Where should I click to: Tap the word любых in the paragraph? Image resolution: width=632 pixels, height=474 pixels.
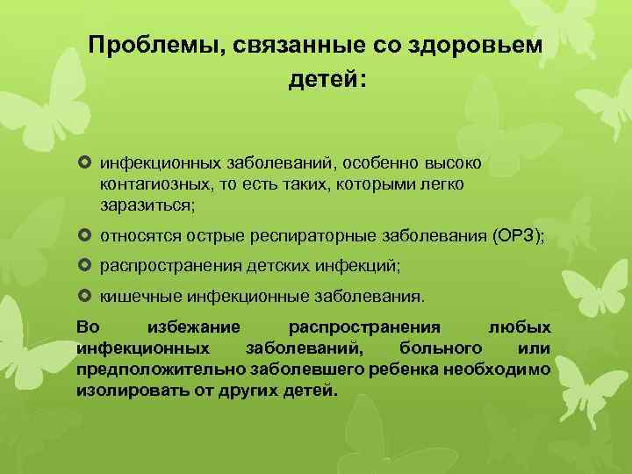click(x=520, y=327)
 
